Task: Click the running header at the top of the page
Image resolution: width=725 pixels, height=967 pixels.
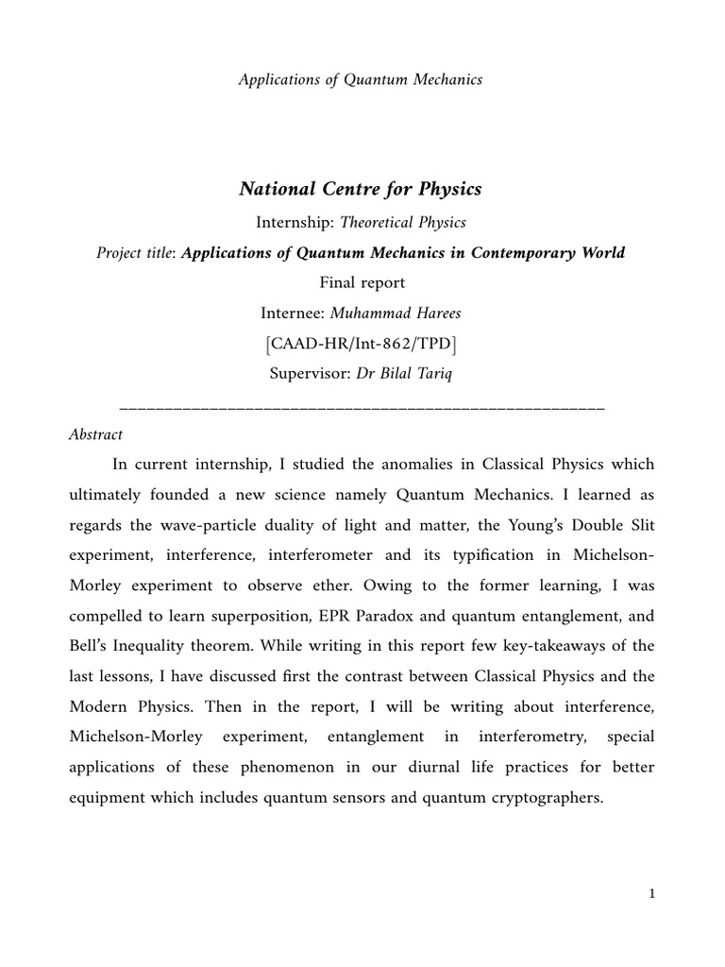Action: click(x=360, y=79)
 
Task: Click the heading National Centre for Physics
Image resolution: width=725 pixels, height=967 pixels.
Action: click(x=360, y=189)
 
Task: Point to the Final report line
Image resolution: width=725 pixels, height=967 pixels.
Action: click(x=362, y=282)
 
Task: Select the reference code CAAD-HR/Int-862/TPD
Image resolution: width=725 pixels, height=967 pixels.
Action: click(x=362, y=343)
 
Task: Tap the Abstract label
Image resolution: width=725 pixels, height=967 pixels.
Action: click(x=96, y=434)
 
